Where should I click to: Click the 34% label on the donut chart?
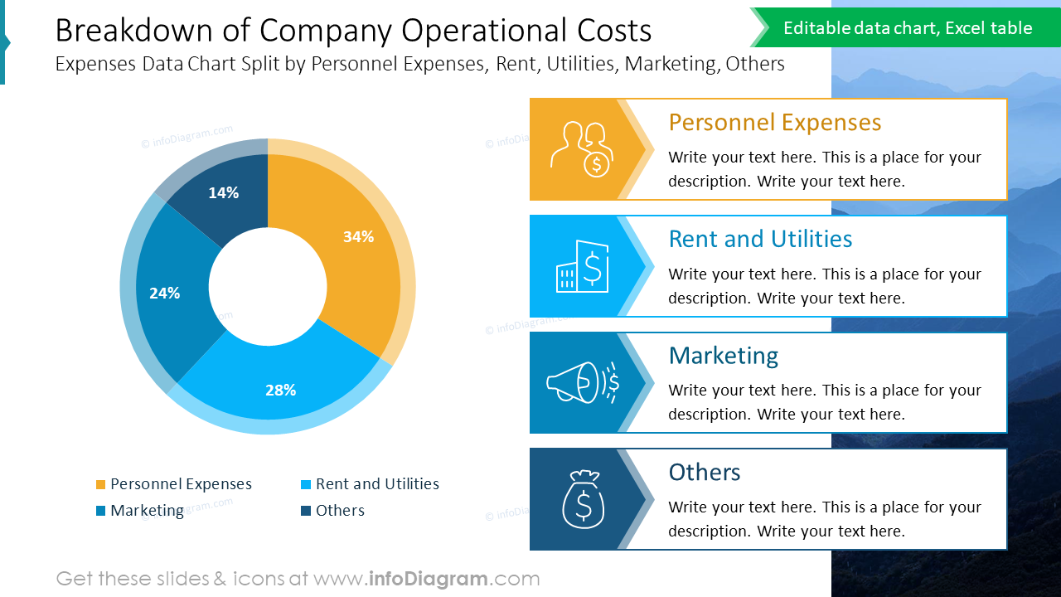(x=358, y=236)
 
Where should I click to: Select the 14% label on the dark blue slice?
(x=223, y=192)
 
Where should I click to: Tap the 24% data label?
(x=164, y=293)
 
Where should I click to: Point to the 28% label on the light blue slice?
(x=280, y=390)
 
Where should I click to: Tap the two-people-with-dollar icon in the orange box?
(x=582, y=149)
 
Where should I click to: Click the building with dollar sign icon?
(x=582, y=266)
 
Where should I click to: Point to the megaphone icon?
(x=582, y=382)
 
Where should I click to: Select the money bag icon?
(x=584, y=498)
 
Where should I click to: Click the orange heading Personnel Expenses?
(x=774, y=123)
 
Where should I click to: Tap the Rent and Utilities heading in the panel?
(x=759, y=239)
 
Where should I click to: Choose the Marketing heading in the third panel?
(x=723, y=356)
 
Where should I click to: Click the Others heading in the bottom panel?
(x=704, y=472)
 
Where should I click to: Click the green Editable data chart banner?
(x=907, y=28)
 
